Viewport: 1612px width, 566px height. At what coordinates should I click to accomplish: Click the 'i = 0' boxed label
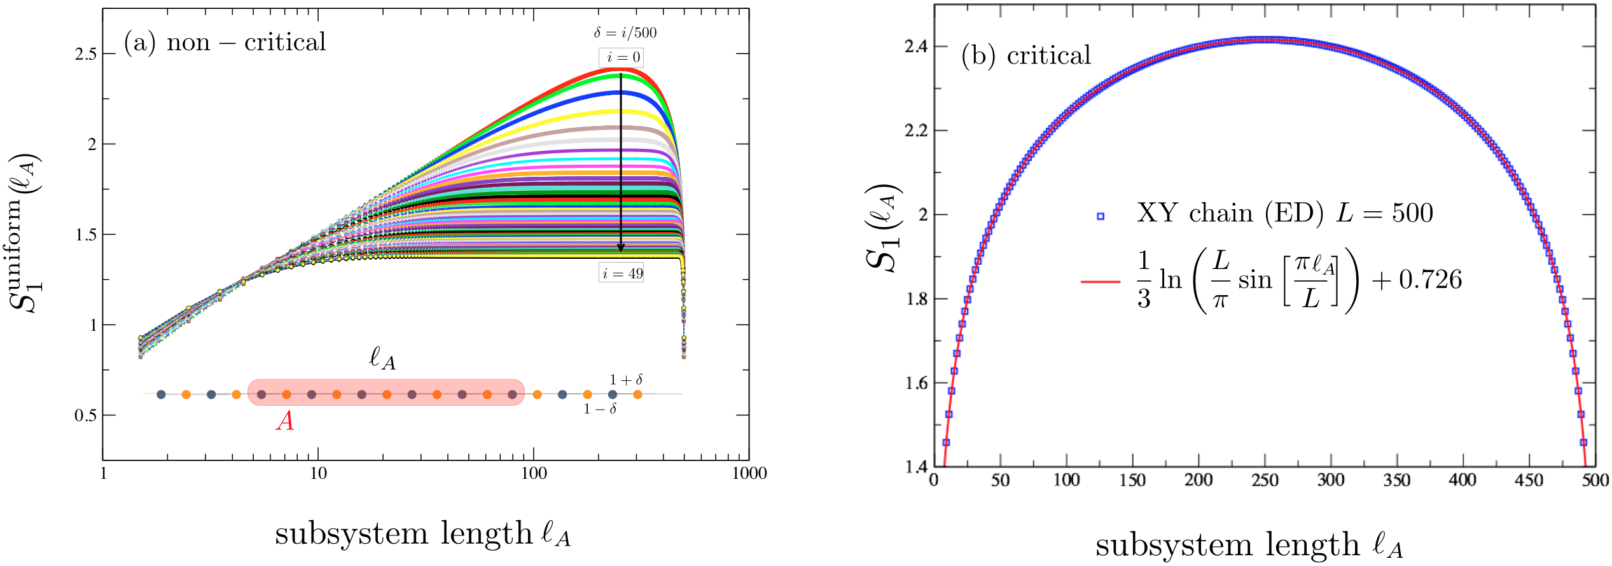621,57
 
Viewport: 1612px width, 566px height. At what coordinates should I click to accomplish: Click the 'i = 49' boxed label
622,273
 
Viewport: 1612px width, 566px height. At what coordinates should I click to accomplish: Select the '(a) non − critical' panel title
225,43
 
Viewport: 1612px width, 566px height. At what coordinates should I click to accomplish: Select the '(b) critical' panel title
1026,55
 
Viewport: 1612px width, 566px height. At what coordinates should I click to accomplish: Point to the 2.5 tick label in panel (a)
86,54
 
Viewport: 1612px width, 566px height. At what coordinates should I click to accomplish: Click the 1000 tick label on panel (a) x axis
749,473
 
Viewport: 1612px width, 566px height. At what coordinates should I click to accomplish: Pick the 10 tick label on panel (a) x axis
318,473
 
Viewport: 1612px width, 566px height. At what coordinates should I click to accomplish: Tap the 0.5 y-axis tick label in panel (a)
86,415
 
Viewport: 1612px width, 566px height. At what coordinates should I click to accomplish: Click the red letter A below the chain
285,421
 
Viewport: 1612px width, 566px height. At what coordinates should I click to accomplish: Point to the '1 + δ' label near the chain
626,380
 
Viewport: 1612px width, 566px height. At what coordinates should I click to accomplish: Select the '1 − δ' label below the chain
600,409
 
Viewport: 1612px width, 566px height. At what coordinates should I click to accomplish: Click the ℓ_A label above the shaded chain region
382,359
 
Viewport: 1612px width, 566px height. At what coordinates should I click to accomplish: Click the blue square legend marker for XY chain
1101,216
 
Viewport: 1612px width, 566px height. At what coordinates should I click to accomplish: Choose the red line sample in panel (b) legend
1101,281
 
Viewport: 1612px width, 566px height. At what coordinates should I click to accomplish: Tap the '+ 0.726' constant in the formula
1417,280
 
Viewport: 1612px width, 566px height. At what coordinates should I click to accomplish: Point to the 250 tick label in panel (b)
1265,480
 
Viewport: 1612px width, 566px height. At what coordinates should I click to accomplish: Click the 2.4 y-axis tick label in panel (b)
916,46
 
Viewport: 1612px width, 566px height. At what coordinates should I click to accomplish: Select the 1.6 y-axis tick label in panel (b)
916,383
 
